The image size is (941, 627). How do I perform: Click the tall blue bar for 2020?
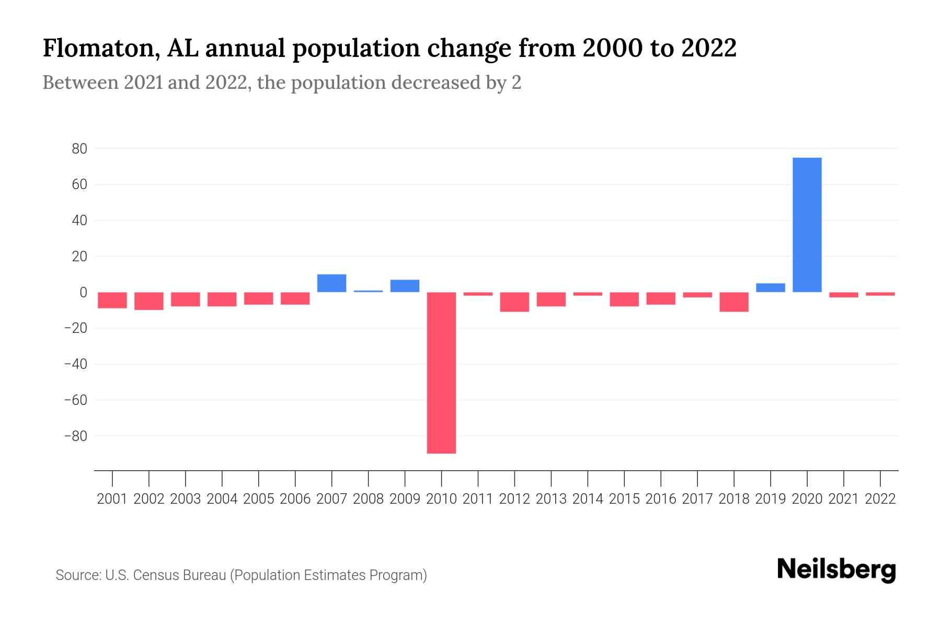[x=807, y=225]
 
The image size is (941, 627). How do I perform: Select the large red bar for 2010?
[x=441, y=372]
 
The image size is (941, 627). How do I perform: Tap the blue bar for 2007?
[x=331, y=283]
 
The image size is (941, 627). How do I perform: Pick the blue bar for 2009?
[x=405, y=286]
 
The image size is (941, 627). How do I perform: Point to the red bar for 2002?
[x=149, y=301]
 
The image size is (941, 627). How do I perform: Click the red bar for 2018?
[x=733, y=301]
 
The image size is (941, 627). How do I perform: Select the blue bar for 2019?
[x=770, y=287]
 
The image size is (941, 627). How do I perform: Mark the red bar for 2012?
[x=514, y=301]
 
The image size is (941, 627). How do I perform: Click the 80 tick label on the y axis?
[x=79, y=149]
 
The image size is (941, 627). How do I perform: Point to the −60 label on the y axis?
[x=75, y=400]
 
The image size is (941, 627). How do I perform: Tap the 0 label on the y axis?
[x=83, y=293]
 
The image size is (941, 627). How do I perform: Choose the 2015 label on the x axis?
[x=624, y=499]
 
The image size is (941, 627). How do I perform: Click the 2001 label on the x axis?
[x=112, y=499]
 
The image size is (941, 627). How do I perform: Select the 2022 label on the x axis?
[x=880, y=499]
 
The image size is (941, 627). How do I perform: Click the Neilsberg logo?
[x=836, y=570]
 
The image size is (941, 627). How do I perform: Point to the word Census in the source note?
[x=154, y=575]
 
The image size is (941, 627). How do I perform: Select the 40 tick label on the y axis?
[x=79, y=220]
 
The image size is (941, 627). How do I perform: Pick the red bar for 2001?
[x=112, y=300]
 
